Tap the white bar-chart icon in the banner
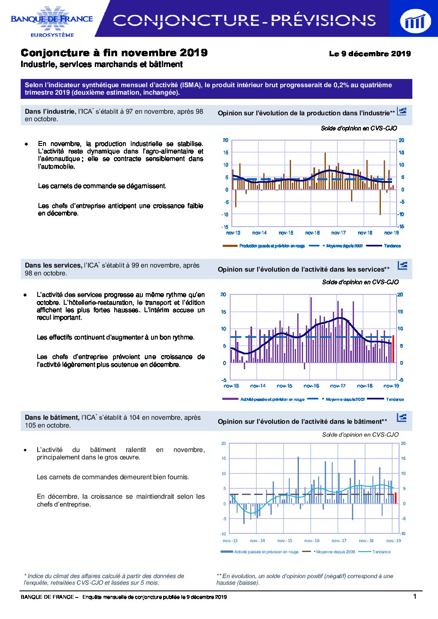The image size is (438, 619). pos(415,21)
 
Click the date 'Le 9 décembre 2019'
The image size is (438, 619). pos(370,54)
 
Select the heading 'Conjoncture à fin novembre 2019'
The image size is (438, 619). pos(114,53)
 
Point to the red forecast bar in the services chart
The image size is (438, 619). pos(393,349)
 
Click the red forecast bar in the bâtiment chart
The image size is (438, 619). pos(396,498)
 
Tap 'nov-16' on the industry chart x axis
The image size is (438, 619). pos(313,233)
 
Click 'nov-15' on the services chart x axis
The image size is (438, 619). pos(284,386)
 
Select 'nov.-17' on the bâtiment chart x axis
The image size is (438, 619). pos(339,540)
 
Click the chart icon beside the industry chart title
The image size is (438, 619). pos(402,111)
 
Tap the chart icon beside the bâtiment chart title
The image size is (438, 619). pos(402,418)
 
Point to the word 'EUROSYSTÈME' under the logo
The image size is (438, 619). pos(52,35)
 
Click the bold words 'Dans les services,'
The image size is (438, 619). pos(54,265)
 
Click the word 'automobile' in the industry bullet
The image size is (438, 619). pos(56,167)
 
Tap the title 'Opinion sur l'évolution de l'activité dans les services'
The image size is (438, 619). pos(303,270)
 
